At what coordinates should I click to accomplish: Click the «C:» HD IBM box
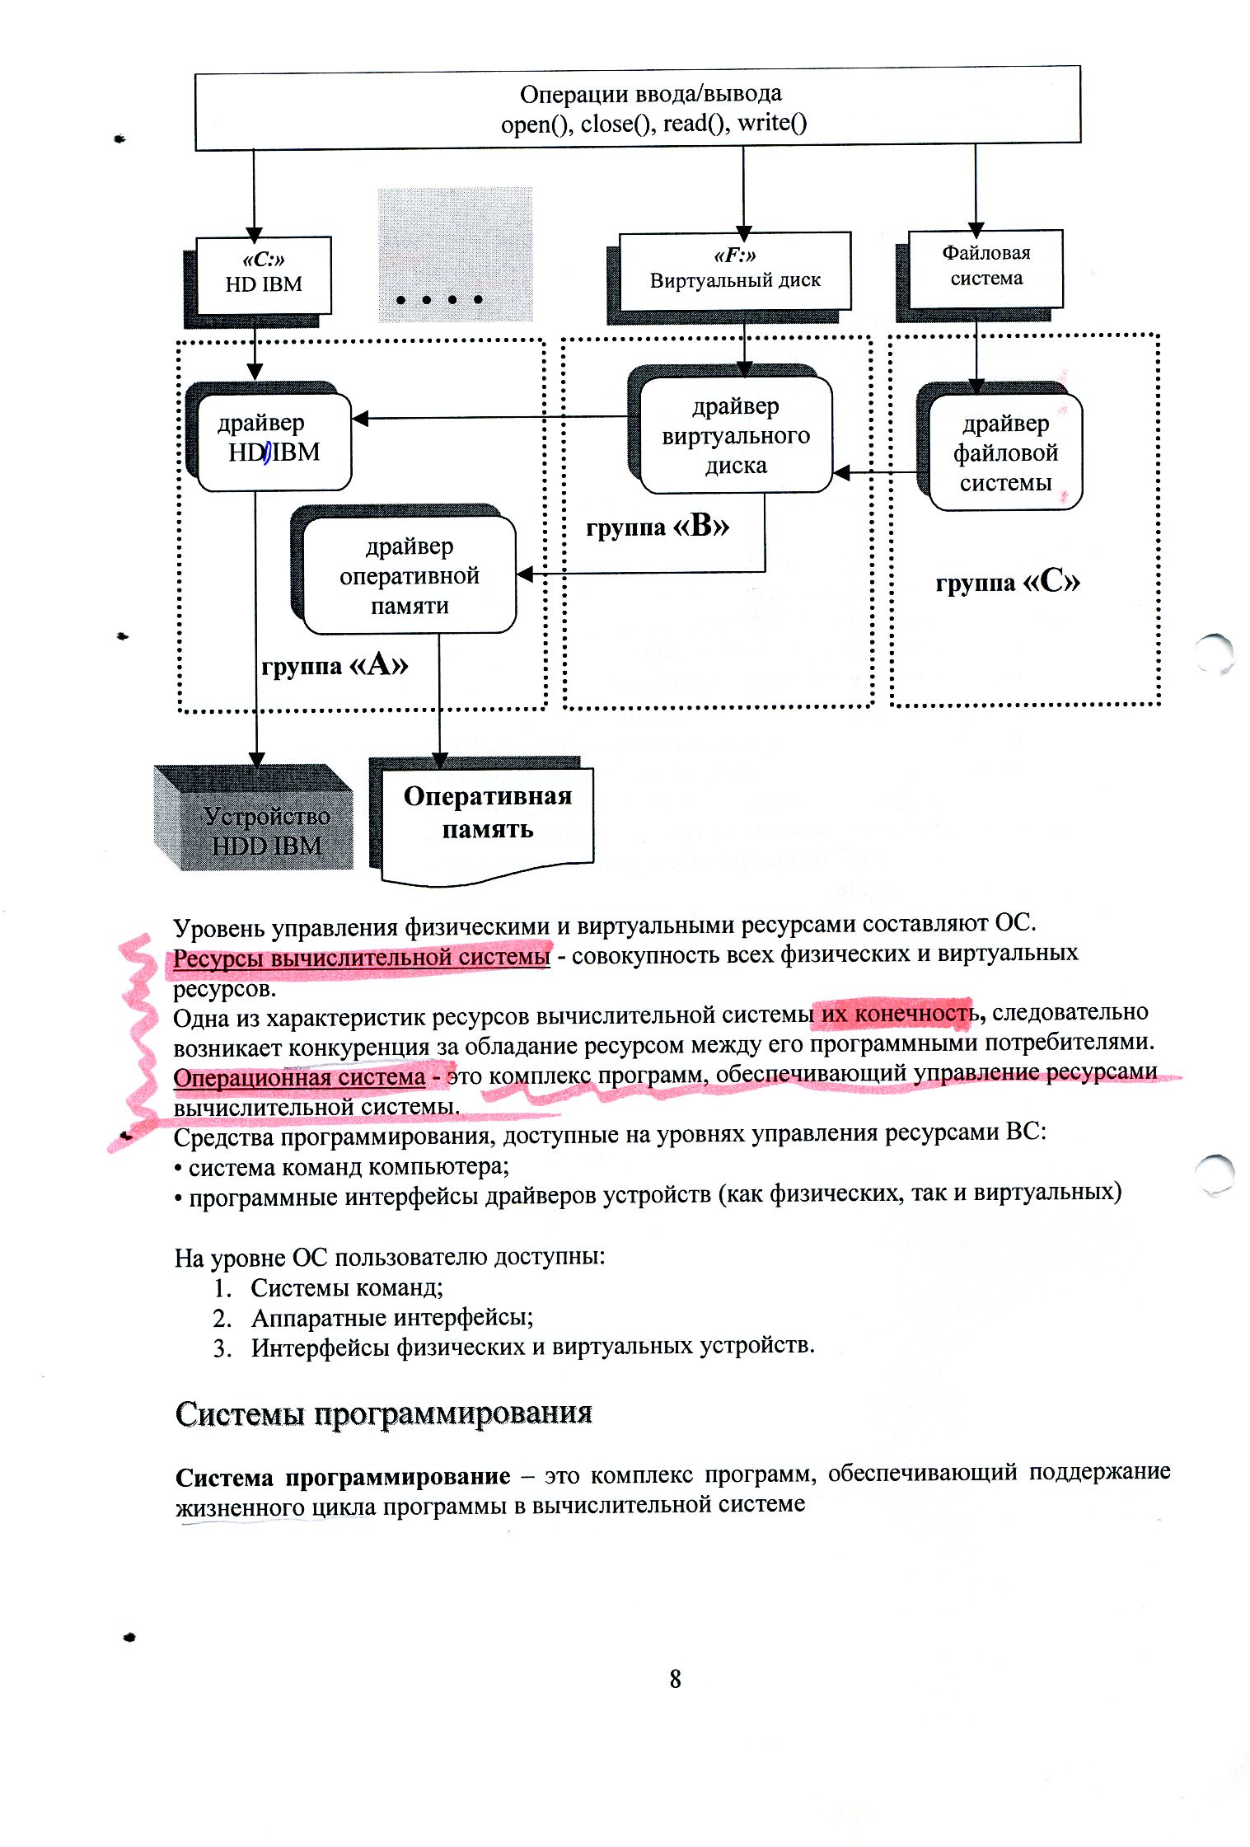(x=264, y=274)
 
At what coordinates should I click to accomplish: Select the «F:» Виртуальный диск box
(x=734, y=271)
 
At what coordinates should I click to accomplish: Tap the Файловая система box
(x=985, y=267)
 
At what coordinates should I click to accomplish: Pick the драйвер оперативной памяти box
(x=410, y=575)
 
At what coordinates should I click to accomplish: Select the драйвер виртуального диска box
(x=736, y=435)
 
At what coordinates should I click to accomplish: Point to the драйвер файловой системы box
(x=1005, y=452)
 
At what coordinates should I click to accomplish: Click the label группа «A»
(x=335, y=664)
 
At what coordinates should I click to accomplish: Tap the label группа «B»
(x=658, y=526)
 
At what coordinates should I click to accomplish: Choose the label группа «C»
(x=1007, y=582)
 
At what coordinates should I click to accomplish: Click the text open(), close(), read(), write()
(x=653, y=124)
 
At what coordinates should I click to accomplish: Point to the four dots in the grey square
(x=439, y=299)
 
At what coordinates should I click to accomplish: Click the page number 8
(x=675, y=1679)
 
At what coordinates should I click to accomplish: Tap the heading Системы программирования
(x=384, y=1413)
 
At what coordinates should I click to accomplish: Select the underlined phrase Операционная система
(x=299, y=1077)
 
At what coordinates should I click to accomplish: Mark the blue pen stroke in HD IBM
(x=267, y=452)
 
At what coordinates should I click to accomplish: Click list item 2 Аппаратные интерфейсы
(x=392, y=1318)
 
